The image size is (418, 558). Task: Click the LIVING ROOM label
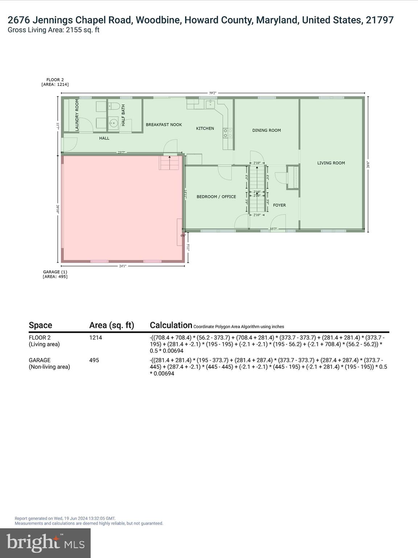(331, 163)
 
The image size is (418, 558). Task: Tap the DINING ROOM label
(266, 130)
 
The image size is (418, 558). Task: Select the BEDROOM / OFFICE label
(216, 197)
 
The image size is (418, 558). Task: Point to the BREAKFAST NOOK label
(164, 125)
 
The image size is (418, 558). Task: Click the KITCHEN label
(205, 129)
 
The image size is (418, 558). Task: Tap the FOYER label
(279, 205)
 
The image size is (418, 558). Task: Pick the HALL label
(104, 138)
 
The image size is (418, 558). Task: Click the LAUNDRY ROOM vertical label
(77, 115)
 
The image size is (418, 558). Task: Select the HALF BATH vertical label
(123, 116)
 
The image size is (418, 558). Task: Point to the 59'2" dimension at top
(213, 93)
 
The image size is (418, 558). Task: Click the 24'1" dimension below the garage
(123, 266)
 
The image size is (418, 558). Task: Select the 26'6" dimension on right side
(368, 165)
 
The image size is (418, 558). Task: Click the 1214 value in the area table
(96, 337)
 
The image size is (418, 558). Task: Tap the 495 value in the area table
(94, 360)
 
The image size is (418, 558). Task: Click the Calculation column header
(171, 325)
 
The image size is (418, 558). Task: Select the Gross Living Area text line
(54, 30)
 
